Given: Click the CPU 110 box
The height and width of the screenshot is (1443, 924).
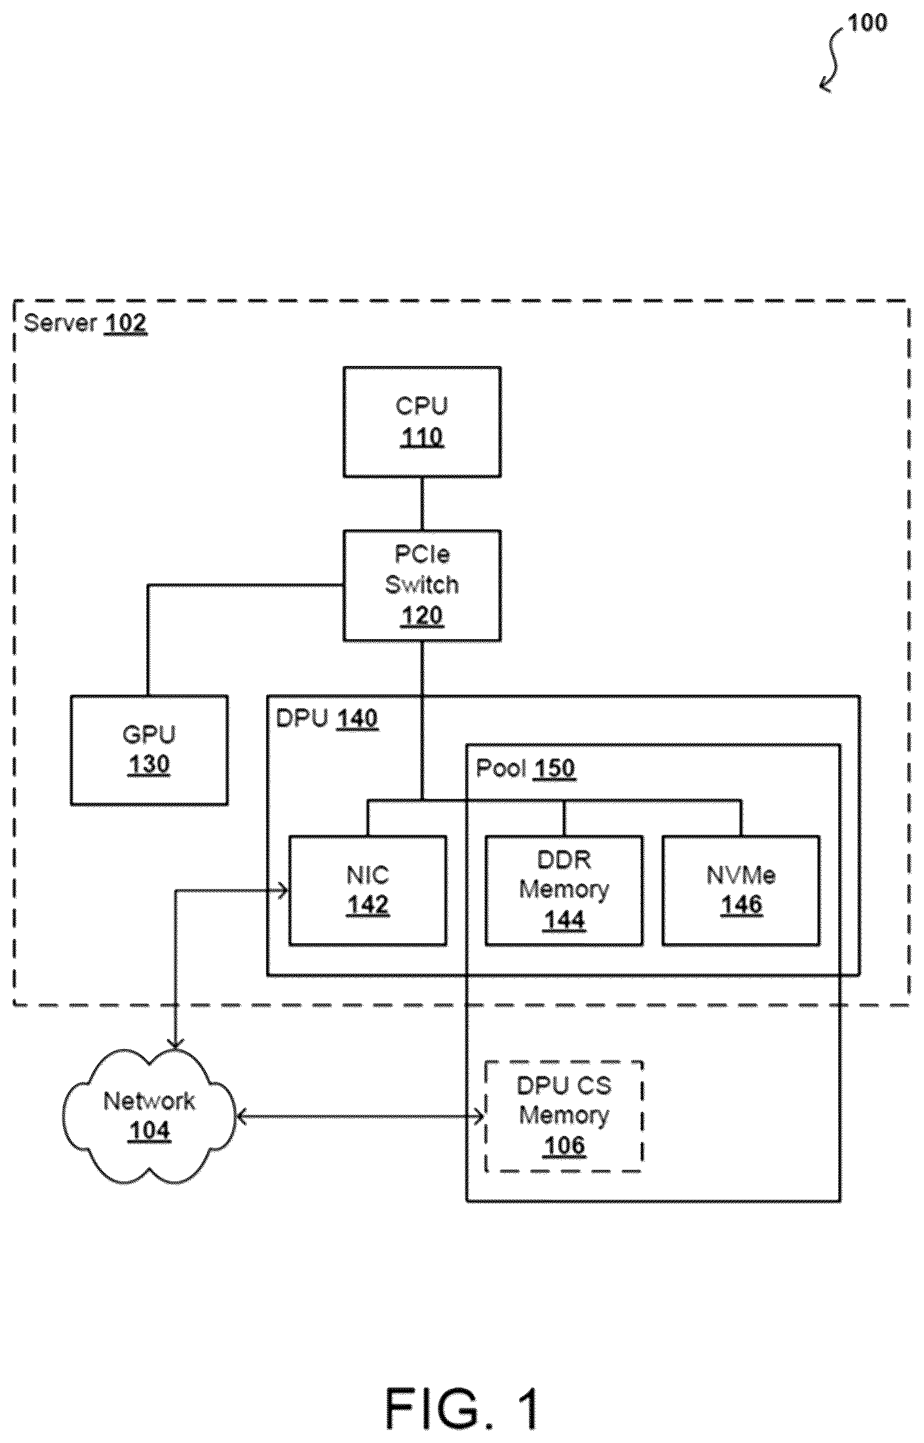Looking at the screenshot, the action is click(x=422, y=422).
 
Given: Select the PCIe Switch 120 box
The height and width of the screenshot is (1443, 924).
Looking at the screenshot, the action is click(x=422, y=586).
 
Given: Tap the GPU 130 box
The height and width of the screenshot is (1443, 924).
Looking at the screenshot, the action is click(x=149, y=750).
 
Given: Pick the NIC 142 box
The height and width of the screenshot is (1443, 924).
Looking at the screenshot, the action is click(x=368, y=890).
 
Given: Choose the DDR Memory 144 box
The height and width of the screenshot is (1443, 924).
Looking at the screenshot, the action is click(x=564, y=890).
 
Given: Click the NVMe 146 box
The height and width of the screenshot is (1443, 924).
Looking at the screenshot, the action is click(x=741, y=890).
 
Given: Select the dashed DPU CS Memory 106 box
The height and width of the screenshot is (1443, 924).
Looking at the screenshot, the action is click(x=564, y=1116).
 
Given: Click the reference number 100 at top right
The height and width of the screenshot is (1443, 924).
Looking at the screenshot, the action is click(x=866, y=23).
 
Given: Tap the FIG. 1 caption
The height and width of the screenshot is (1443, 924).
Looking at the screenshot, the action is click(x=461, y=1408).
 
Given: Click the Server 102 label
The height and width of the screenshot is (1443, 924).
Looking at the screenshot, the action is click(x=85, y=323).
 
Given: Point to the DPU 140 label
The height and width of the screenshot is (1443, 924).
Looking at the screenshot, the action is click(x=327, y=718).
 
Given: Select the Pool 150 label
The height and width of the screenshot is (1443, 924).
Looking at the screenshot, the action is click(x=526, y=769).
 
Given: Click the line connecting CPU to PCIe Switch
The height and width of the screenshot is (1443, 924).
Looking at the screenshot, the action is click(x=422, y=504).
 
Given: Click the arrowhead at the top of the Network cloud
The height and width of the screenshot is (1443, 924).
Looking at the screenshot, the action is click(x=174, y=1042).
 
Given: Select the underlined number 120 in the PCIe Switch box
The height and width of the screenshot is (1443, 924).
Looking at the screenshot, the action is click(x=422, y=616).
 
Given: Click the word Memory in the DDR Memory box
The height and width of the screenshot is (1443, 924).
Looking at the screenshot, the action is click(x=564, y=889).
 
